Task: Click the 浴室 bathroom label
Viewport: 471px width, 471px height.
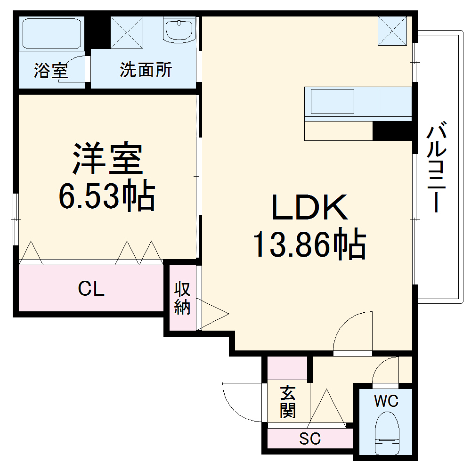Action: point(51,71)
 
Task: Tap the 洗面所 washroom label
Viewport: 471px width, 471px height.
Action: point(146,70)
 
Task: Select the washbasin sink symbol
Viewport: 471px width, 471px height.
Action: point(179,30)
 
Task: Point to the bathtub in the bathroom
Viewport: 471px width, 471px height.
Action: point(52,34)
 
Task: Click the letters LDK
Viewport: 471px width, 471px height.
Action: point(309,208)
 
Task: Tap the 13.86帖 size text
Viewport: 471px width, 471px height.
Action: point(309,244)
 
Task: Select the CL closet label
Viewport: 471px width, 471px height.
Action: point(91,289)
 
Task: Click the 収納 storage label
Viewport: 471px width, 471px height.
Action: point(182,298)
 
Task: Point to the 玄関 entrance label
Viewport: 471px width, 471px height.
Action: point(288,402)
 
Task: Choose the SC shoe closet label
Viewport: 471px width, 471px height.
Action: point(310,439)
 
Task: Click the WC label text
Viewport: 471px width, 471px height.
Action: point(386,401)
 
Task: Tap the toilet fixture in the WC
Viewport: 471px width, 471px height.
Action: point(387,433)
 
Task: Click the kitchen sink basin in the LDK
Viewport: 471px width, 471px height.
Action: point(332,101)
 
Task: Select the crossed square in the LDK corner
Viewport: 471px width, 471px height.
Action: point(392,31)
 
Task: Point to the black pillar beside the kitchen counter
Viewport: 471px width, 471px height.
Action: point(392,131)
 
